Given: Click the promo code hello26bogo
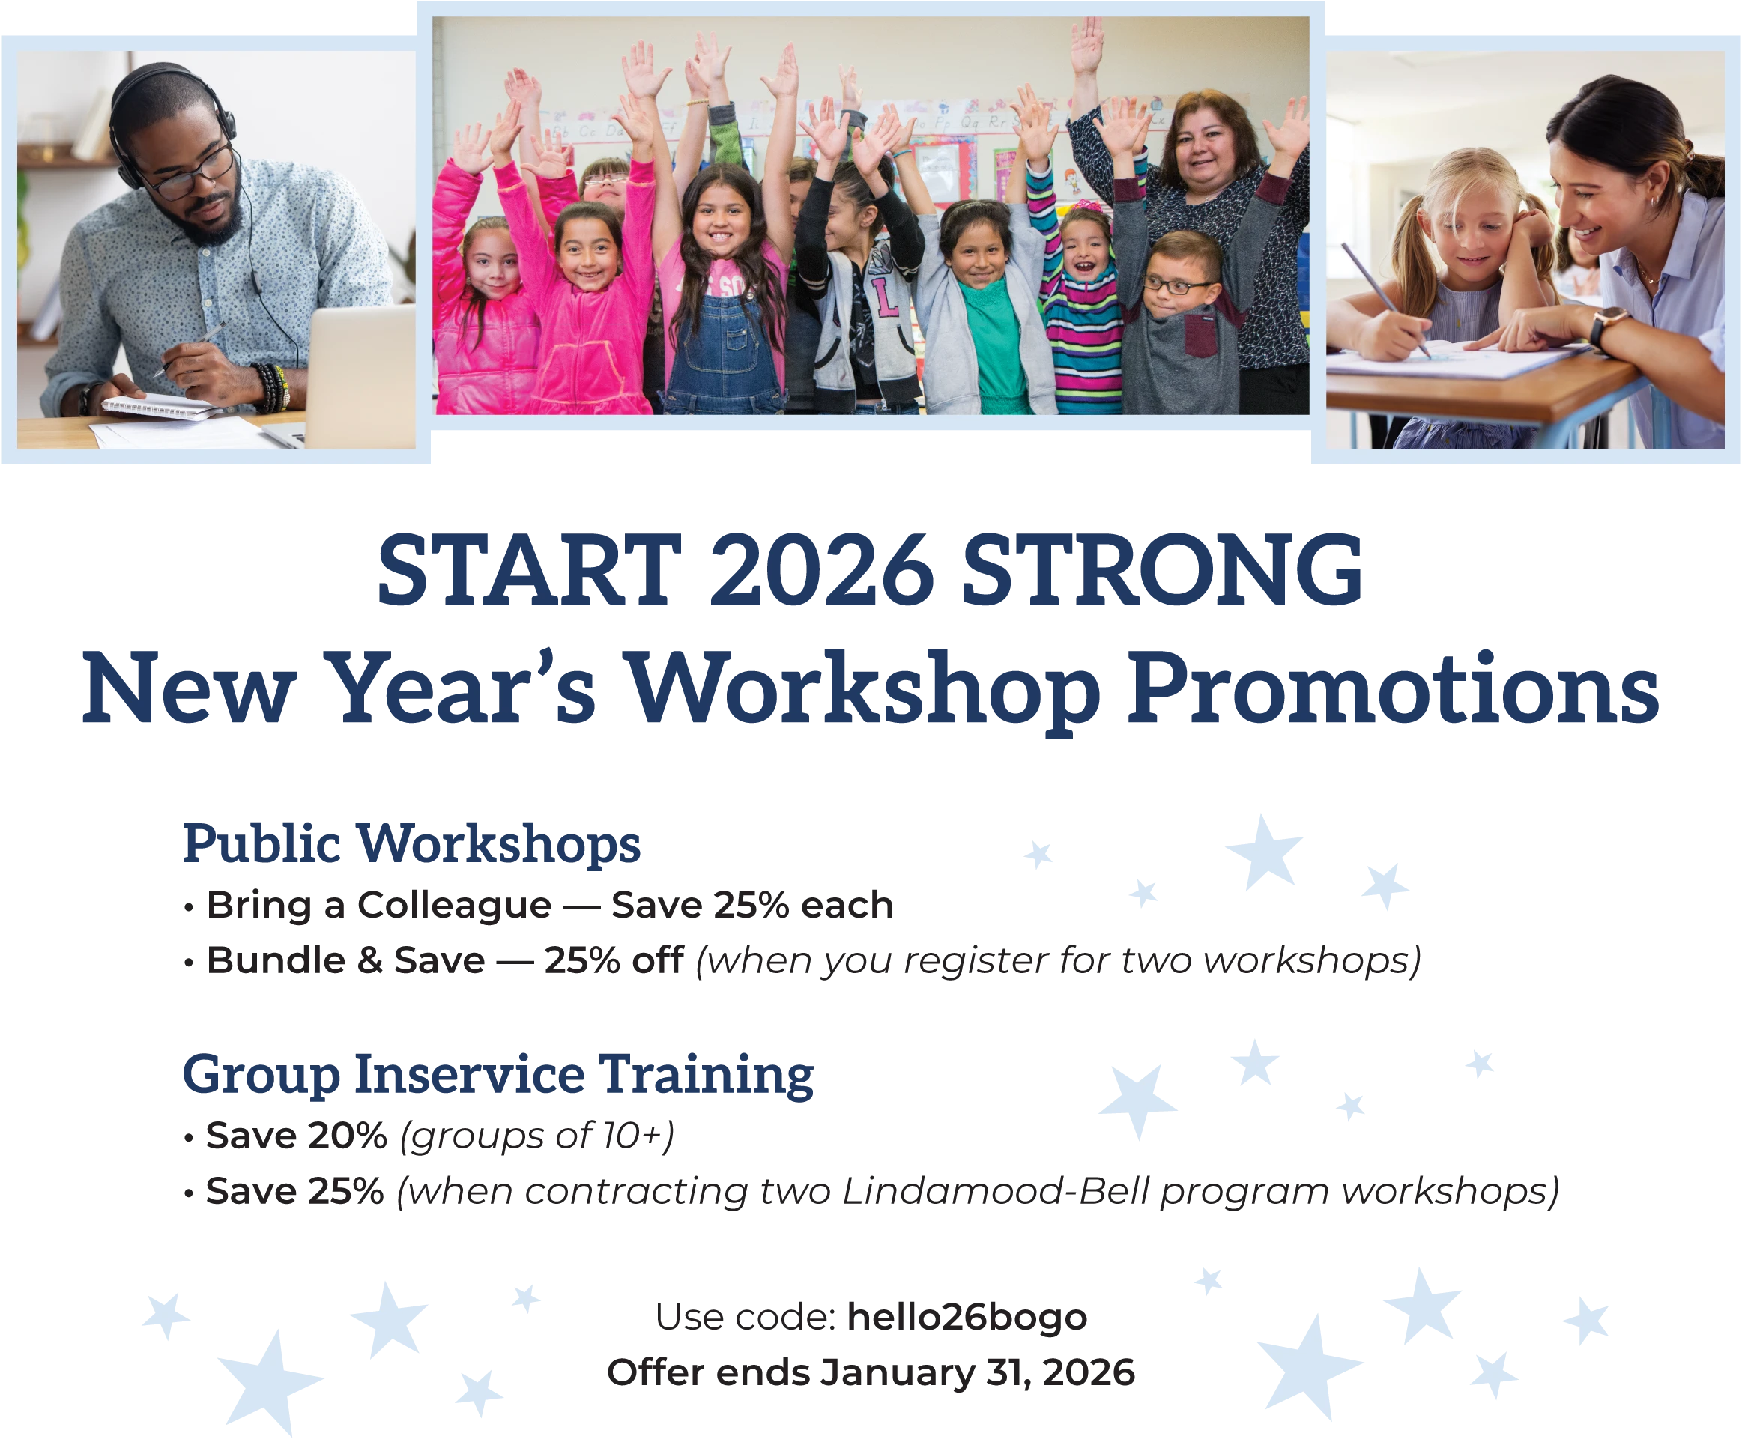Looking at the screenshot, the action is [967, 1316].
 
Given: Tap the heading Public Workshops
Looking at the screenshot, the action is [411, 843].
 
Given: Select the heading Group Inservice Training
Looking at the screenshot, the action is [498, 1075].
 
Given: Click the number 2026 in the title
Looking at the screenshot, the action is [822, 571].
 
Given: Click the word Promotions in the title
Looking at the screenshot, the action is [1394, 688].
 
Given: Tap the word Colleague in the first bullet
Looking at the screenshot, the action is [454, 905].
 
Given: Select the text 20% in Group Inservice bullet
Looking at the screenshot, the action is [348, 1136].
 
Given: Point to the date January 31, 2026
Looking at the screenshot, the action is [977, 1373].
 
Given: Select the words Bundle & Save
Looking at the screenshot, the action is [346, 960].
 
